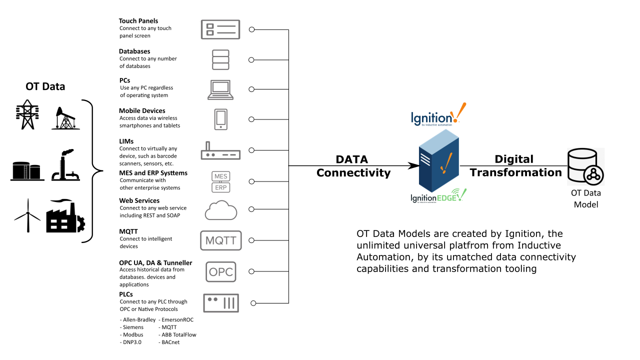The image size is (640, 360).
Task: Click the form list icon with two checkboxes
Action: click(x=220, y=29)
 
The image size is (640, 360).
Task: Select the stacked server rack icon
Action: click(x=220, y=60)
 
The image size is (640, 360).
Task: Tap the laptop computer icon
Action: click(x=220, y=89)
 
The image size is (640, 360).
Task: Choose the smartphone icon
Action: click(x=220, y=119)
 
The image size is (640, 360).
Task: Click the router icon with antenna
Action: click(x=220, y=150)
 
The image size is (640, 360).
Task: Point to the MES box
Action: click(x=220, y=176)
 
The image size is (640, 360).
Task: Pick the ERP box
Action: click(x=220, y=187)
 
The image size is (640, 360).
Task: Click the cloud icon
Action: click(x=220, y=209)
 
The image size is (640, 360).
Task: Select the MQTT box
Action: click(x=220, y=240)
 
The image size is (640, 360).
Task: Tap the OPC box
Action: click(x=220, y=271)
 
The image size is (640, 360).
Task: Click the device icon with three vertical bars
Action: click(x=220, y=303)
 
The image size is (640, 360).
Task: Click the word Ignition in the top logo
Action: click(x=430, y=118)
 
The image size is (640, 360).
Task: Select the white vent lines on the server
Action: click(x=425, y=159)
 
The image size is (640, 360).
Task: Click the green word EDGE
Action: click(x=446, y=198)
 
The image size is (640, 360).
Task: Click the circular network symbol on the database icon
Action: click(x=593, y=175)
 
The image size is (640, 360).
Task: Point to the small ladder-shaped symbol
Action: click(x=25, y=172)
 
